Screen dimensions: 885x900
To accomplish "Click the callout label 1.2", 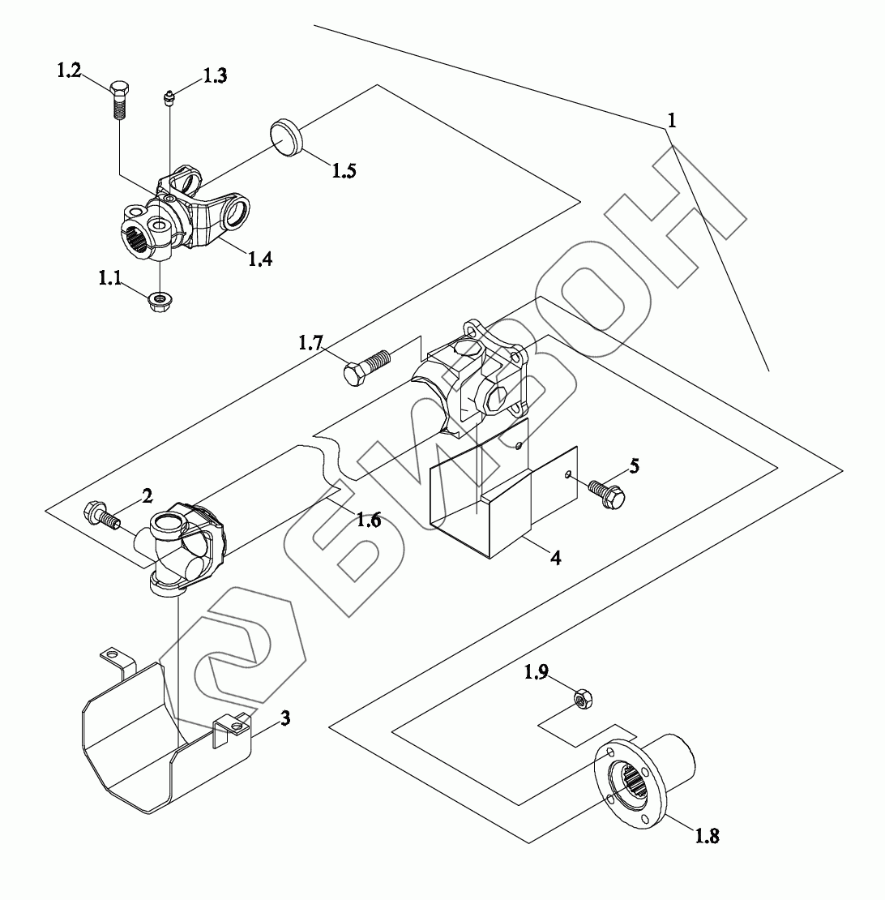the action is coord(69,71).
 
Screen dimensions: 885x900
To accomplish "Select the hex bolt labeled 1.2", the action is coord(118,99).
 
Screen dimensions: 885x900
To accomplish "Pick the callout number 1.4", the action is coord(260,259).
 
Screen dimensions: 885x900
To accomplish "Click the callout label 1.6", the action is coord(369,520).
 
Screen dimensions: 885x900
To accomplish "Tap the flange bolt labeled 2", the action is coord(101,514).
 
